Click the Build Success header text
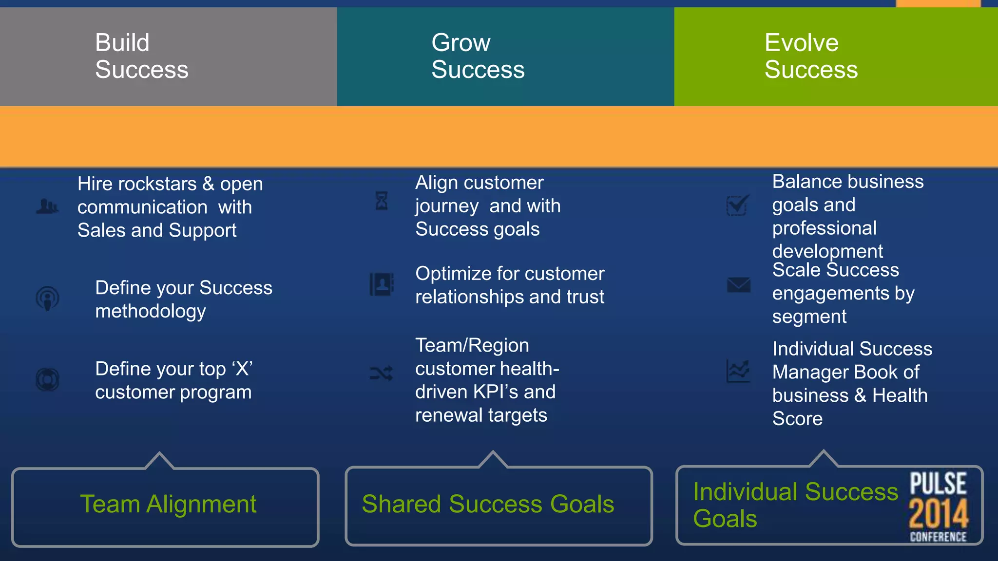[x=141, y=56]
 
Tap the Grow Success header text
[x=478, y=56]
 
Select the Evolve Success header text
[x=811, y=56]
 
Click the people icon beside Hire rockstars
[x=47, y=206]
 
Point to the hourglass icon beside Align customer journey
[x=382, y=201]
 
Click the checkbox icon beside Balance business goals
[x=737, y=205]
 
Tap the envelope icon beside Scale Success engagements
[x=738, y=284]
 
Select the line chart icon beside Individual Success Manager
[x=738, y=371]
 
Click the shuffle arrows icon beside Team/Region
[x=381, y=374]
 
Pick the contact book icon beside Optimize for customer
[x=381, y=284]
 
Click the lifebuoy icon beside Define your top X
[x=47, y=379]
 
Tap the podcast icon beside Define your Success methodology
[x=47, y=298]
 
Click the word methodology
[x=151, y=311]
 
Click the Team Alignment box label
[x=168, y=504]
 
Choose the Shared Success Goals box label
[x=488, y=504]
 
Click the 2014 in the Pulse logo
[x=938, y=514]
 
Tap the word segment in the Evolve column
[x=809, y=317]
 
